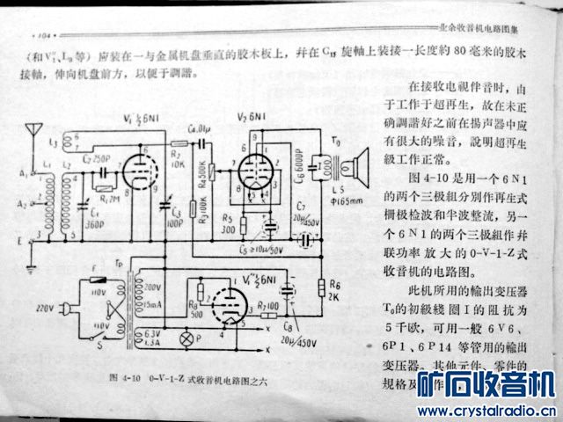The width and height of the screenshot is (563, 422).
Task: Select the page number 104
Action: tap(42, 36)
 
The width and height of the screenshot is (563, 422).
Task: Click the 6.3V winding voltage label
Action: tap(152, 333)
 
